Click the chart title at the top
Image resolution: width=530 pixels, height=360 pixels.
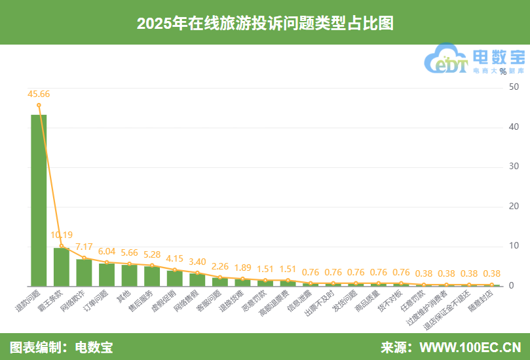(265, 23)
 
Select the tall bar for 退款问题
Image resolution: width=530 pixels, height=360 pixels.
(39, 200)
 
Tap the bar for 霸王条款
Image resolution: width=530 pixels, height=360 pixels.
(62, 267)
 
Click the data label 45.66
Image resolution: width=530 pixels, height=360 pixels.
(39, 94)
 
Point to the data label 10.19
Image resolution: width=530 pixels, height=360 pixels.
(62, 234)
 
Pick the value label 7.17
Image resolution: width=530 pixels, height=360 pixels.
(85, 247)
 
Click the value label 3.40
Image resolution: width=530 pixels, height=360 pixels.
(197, 262)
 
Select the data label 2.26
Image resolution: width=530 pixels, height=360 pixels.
(220, 266)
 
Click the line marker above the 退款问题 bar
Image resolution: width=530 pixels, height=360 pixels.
(39, 105)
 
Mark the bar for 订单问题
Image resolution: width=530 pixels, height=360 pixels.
(107, 275)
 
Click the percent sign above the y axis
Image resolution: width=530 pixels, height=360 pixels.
(502, 71)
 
